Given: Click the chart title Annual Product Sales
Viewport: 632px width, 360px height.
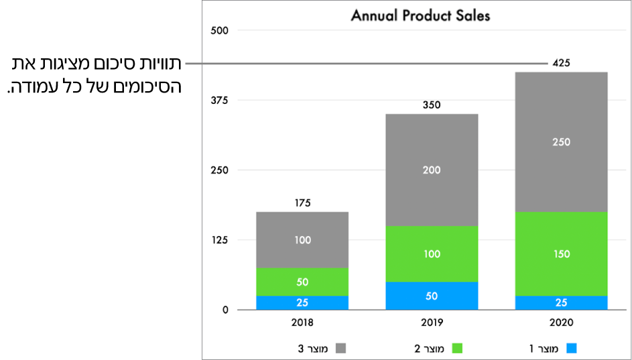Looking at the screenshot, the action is point(420,15).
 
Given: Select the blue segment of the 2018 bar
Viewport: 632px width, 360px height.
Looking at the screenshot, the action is point(302,303).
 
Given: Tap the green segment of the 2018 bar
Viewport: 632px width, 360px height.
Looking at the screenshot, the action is point(302,282).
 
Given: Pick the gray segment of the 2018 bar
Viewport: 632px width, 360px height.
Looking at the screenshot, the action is point(302,240).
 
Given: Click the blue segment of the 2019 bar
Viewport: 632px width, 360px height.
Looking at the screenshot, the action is point(432,296).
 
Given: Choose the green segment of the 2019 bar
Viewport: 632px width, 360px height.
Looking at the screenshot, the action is point(432,254).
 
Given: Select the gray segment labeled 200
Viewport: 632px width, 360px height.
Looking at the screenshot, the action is point(432,170).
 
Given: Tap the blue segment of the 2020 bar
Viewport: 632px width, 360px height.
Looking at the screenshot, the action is point(561,303).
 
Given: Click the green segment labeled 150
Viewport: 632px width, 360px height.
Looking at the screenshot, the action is point(561,254).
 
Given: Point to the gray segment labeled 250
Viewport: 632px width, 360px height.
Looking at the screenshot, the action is point(561,142).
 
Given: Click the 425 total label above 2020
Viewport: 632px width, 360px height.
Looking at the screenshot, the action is point(561,63).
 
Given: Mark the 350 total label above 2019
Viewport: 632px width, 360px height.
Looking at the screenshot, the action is point(432,105).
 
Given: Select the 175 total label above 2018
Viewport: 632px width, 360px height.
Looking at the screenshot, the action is point(302,202).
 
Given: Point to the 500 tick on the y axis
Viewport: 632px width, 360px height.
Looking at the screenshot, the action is point(219,30).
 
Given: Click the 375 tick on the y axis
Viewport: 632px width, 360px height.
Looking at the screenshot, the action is point(219,100).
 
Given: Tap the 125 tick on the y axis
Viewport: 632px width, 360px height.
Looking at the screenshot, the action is point(219,240).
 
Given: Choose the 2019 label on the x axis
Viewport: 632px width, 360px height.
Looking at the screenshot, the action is point(432,323).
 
